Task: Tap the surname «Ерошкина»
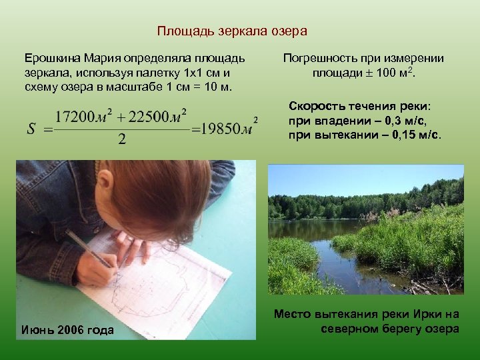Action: pyautogui.click(x=51, y=58)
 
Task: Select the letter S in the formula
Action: pyautogui.click(x=31, y=129)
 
